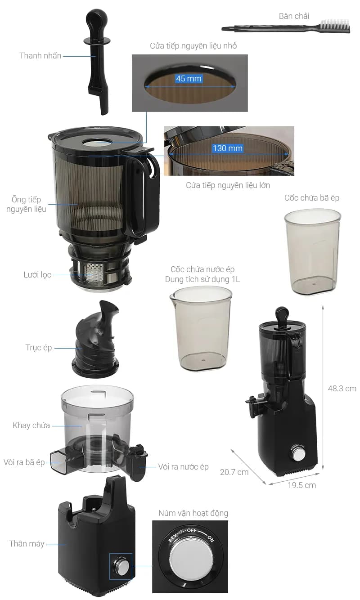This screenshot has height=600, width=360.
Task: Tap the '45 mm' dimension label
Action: click(189, 78)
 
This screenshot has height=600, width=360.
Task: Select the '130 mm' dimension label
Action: click(228, 148)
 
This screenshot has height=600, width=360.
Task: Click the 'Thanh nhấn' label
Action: click(40, 56)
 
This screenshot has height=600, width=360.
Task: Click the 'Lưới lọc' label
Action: click(37, 275)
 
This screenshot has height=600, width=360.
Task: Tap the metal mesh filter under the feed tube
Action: click(93, 273)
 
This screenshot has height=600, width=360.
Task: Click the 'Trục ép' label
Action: click(39, 348)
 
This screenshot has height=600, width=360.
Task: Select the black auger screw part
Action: click(95, 339)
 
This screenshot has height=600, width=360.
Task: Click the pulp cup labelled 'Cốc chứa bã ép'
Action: click(313, 251)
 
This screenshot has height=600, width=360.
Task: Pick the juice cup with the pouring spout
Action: click(201, 328)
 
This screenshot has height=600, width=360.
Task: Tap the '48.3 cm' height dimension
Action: click(342, 389)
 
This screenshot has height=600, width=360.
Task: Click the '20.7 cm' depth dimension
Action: click(234, 472)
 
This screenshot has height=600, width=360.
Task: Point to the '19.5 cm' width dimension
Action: click(301, 485)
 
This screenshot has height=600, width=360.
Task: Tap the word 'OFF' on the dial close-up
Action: click(192, 530)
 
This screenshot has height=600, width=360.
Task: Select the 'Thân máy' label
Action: click(27, 544)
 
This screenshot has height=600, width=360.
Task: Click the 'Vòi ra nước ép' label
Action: click(183, 466)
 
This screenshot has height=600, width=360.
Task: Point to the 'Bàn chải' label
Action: click(294, 16)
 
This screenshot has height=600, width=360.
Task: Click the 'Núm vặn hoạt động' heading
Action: click(193, 513)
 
